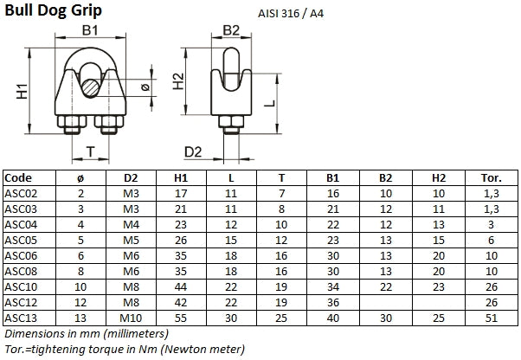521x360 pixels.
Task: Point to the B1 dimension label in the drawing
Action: click(90, 32)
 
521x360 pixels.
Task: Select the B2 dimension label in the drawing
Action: click(231, 30)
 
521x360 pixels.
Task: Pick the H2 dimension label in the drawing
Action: click(179, 82)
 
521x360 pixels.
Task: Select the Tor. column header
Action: click(490, 177)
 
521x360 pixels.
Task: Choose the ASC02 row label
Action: click(21, 193)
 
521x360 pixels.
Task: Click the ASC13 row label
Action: click(21, 317)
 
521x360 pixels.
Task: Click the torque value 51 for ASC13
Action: click(490, 317)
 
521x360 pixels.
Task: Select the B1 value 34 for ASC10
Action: click(333, 286)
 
